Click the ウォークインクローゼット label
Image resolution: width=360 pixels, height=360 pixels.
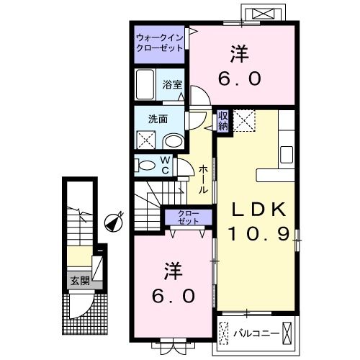(160, 43)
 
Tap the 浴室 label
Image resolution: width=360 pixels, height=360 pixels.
(172, 84)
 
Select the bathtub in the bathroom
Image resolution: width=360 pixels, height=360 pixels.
(145, 84)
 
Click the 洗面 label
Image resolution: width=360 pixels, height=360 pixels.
(158, 119)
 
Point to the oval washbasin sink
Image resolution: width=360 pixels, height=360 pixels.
(174, 142)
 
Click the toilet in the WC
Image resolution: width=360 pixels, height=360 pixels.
(145, 166)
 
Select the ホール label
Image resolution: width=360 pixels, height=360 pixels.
(203, 179)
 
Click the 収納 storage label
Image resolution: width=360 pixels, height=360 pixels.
(222, 121)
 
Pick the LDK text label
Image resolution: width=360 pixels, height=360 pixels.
(258, 210)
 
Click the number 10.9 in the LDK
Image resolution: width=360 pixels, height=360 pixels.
(259, 234)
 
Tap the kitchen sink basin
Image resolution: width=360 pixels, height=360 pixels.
(287, 154)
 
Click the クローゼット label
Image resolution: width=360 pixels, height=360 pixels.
(189, 217)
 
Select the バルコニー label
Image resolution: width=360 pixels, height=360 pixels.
(257, 333)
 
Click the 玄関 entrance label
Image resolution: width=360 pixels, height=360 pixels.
(80, 281)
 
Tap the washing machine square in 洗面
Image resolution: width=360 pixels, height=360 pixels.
(146, 140)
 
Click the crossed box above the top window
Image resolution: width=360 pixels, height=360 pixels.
(264, 14)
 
